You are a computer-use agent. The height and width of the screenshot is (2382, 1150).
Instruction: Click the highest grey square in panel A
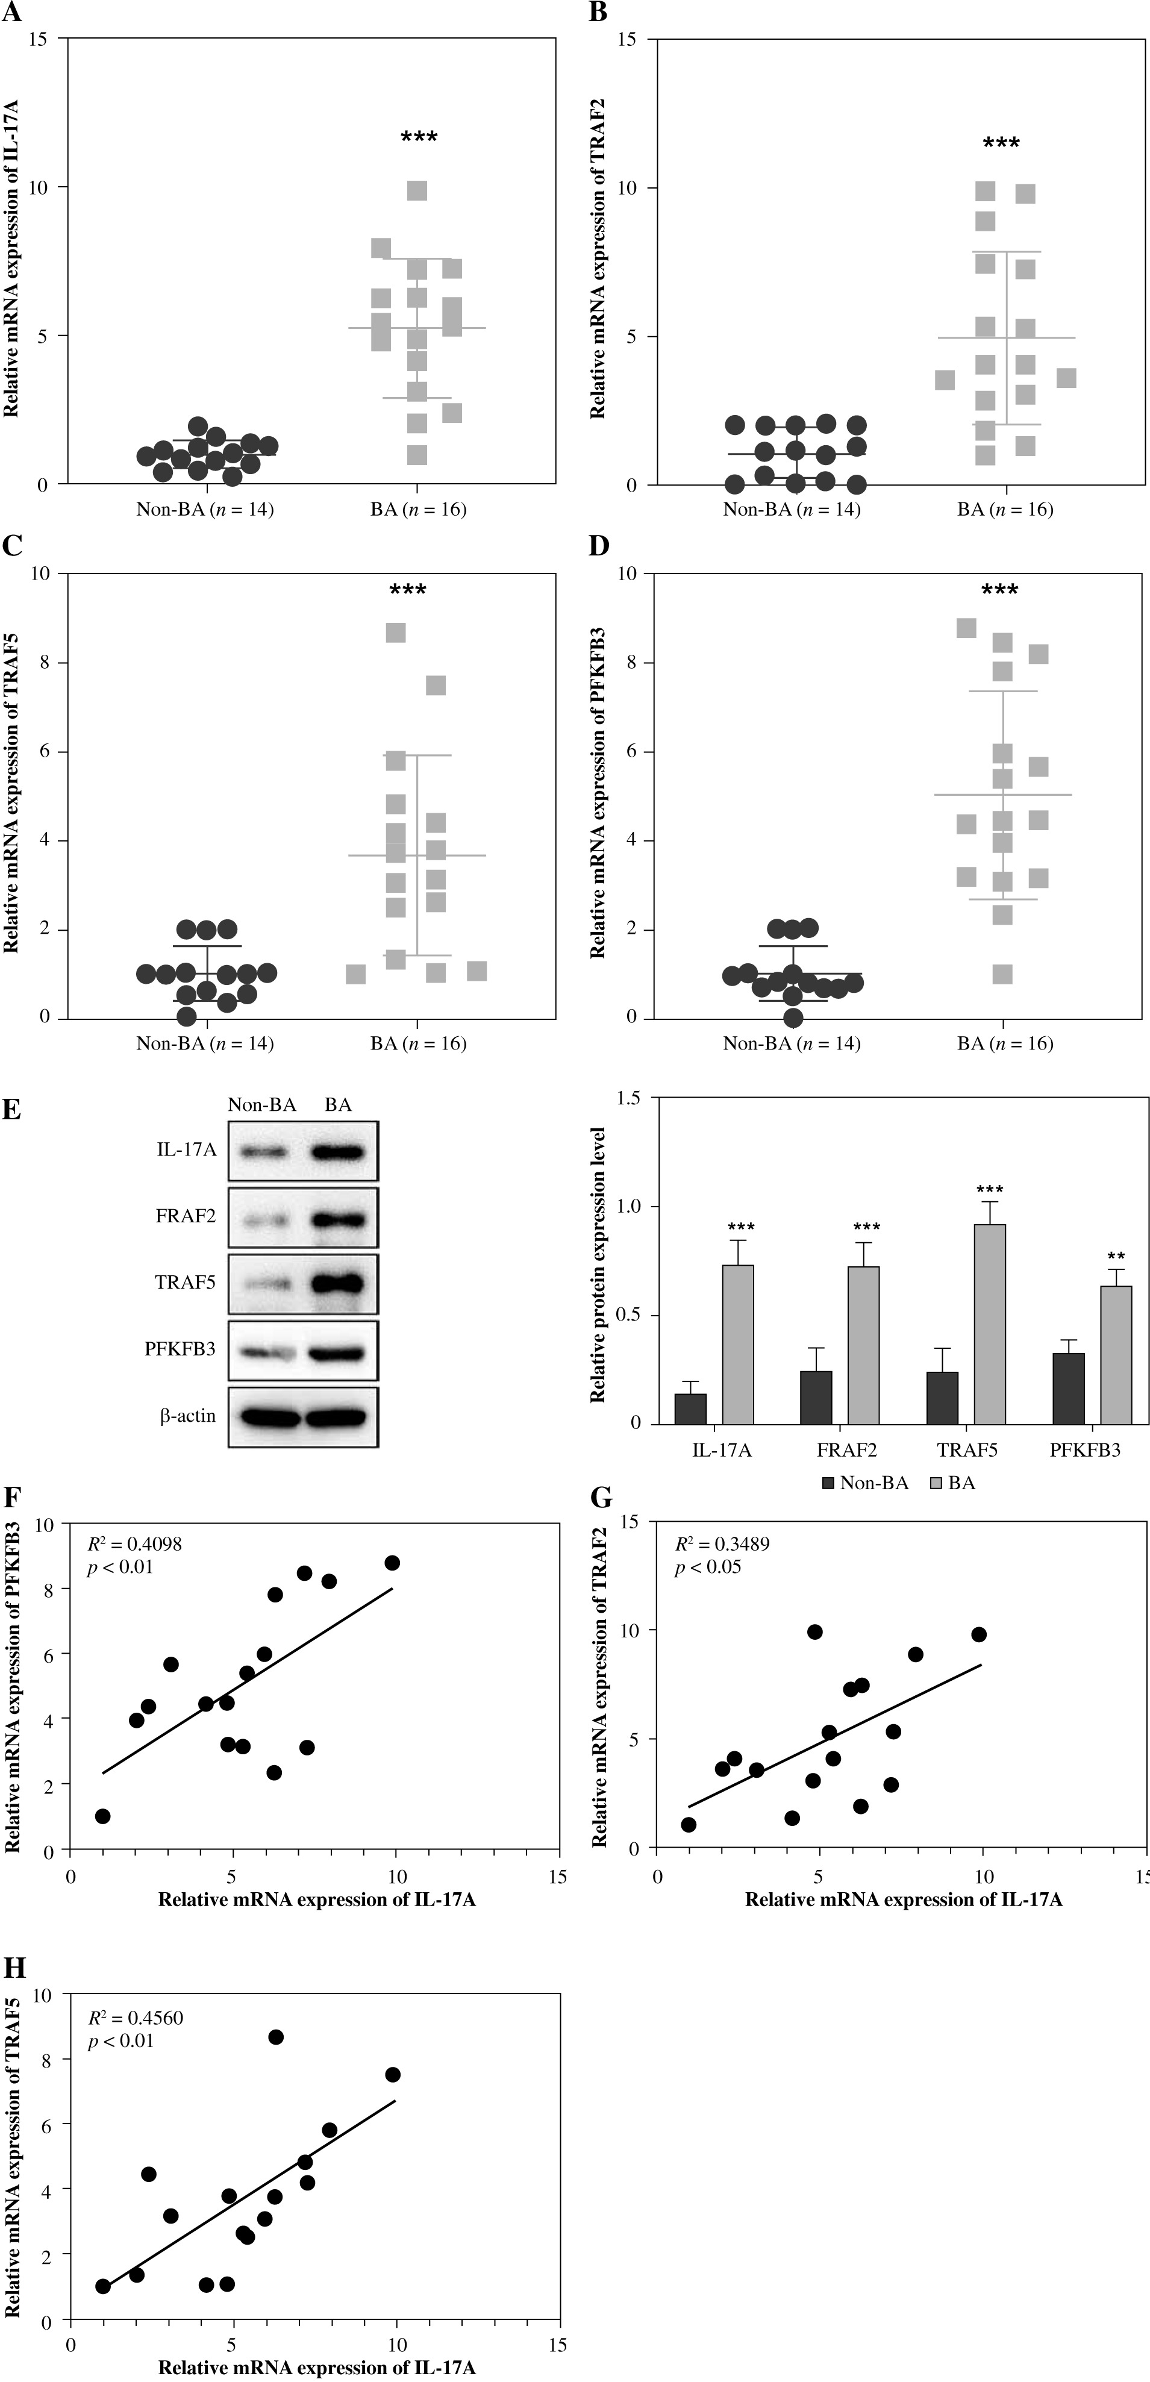417,190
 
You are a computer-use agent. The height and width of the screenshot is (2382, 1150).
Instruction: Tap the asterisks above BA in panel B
1001,144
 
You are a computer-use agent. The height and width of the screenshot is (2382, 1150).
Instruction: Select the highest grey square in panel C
396,633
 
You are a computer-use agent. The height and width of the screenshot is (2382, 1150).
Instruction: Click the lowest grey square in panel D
1002,974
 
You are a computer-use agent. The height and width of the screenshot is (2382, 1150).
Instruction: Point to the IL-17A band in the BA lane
339,1151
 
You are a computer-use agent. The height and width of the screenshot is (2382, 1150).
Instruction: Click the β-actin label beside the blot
188,1416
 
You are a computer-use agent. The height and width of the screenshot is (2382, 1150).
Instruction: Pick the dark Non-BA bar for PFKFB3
1069,1388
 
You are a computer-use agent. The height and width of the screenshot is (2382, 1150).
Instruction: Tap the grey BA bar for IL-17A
738,1343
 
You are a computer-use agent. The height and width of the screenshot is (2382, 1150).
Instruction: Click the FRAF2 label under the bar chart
848,1450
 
